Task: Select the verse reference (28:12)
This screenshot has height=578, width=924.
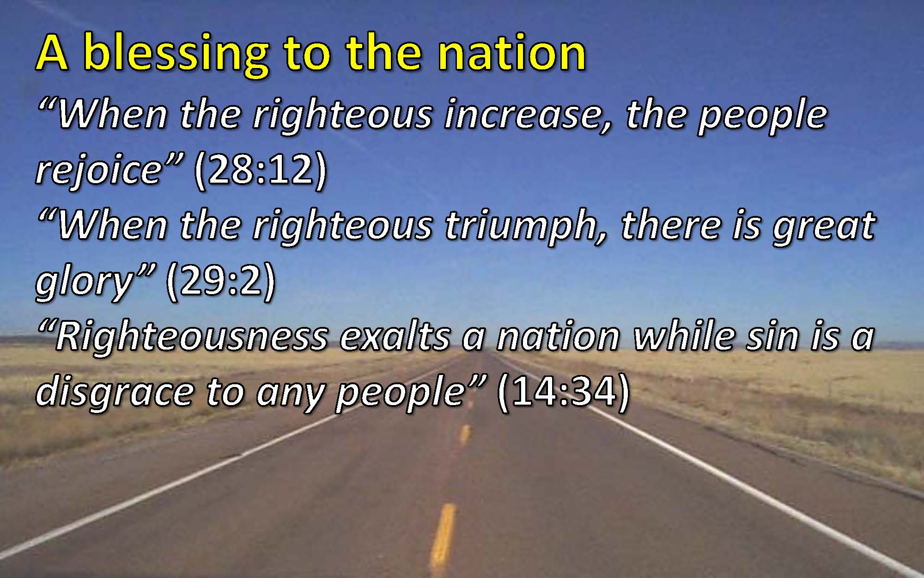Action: [x=261, y=170]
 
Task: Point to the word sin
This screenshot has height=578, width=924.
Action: [x=773, y=337]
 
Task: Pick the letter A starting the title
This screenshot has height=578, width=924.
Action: [x=52, y=54]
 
